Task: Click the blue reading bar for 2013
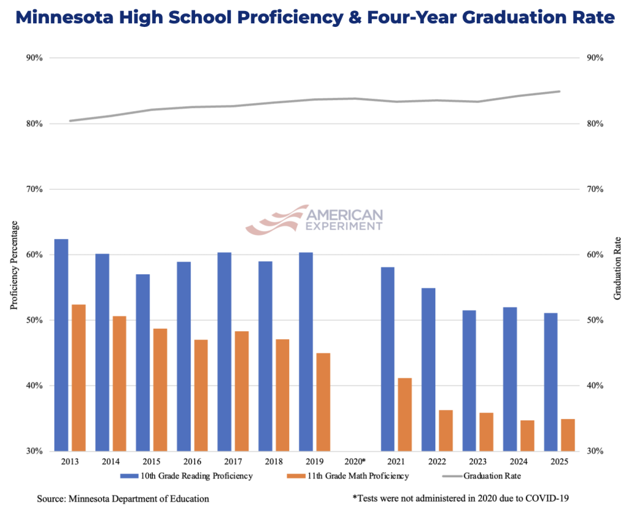(x=61, y=345)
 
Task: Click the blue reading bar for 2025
(x=551, y=382)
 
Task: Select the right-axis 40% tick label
(x=595, y=386)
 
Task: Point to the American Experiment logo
(x=314, y=219)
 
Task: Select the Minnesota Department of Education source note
(x=123, y=499)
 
